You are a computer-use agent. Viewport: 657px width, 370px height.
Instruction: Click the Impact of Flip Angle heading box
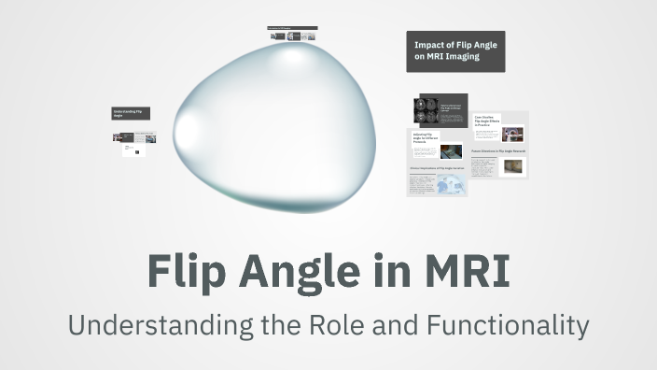point(454,51)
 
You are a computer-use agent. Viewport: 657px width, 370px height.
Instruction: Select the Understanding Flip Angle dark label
point(131,113)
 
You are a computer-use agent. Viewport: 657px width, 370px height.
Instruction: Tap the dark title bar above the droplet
point(292,28)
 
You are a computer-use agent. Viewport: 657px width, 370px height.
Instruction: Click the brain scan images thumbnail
point(426,111)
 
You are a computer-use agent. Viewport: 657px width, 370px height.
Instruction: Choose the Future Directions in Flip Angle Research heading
point(498,149)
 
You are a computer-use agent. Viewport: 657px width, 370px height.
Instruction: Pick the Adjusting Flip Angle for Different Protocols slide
point(437,147)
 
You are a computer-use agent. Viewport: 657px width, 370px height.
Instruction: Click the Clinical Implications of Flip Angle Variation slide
point(437,180)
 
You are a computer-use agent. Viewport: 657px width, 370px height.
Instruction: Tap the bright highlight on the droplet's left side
point(192,125)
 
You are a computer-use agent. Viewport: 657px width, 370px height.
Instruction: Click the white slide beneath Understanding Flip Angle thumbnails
point(133,149)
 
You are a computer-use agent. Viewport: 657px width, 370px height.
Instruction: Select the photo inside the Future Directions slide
point(513,166)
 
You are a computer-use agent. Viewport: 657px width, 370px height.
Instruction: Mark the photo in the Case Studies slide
point(512,134)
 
